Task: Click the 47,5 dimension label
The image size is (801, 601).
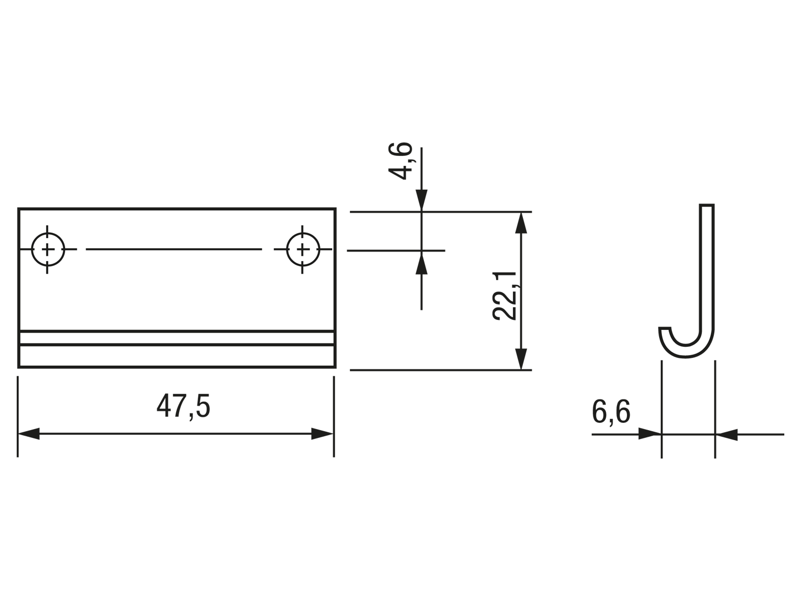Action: [x=183, y=406]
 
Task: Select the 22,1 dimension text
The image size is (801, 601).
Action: [x=505, y=296]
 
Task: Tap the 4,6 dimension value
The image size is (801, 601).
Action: [x=400, y=161]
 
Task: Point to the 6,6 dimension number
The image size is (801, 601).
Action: [x=611, y=412]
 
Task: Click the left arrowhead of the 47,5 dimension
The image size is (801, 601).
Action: [x=28, y=434]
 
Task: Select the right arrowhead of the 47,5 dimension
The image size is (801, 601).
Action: [x=322, y=434]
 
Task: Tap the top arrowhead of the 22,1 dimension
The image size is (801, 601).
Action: [x=521, y=223]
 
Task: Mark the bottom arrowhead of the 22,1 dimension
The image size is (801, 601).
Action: [x=521, y=359]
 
